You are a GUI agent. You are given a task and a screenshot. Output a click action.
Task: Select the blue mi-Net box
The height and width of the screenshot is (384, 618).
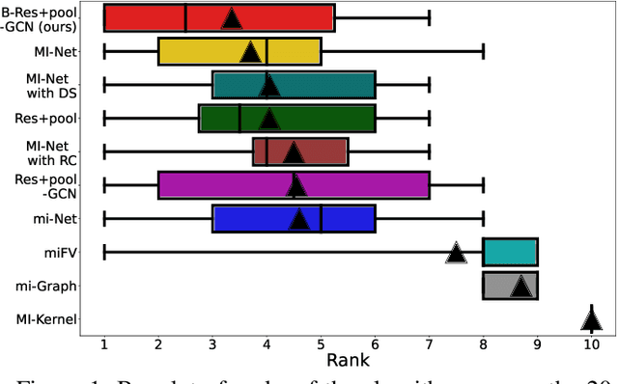tap(261, 219)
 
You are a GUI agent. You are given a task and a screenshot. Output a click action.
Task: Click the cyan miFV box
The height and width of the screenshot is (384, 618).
tap(510, 253)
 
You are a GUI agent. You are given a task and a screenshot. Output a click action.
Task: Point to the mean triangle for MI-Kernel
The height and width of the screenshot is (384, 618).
tap(591, 319)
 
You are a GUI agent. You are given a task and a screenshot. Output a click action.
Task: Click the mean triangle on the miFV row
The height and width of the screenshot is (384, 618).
tap(456, 253)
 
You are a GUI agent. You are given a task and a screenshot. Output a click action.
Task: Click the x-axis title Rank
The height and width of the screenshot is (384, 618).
tap(348, 360)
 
